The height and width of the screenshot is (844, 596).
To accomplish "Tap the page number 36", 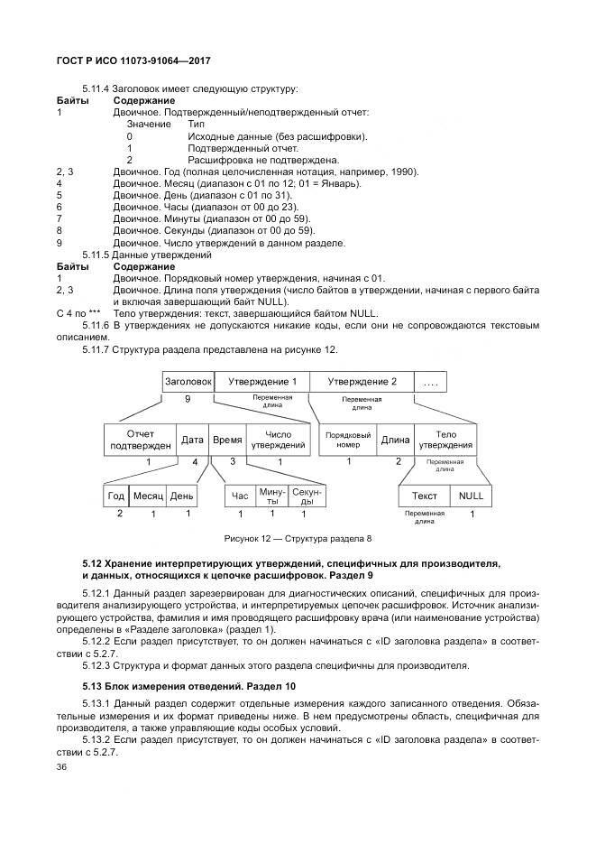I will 62,767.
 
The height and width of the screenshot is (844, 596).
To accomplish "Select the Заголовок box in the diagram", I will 188,382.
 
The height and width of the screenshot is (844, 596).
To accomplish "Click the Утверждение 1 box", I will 261,382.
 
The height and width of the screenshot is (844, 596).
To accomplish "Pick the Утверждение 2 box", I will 362,382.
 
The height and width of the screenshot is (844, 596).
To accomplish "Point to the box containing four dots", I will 431,382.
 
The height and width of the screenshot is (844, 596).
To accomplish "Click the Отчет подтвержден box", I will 140,440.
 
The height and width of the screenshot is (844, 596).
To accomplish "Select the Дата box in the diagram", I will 192,440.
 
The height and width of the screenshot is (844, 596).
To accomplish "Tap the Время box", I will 227,440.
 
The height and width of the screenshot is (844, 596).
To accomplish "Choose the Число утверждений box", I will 278,440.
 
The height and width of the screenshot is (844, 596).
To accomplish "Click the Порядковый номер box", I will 347,440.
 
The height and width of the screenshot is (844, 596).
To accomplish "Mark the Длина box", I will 395,440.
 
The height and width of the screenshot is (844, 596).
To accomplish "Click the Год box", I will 116,496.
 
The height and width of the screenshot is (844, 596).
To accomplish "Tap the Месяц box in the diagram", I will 147,496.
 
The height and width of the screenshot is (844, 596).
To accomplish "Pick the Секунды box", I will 307,496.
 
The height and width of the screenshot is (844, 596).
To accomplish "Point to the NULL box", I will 471,496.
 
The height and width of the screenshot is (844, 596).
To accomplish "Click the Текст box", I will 425,496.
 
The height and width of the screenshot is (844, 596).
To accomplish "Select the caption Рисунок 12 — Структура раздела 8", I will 298,539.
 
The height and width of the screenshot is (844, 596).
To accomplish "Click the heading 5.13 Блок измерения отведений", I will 184,687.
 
